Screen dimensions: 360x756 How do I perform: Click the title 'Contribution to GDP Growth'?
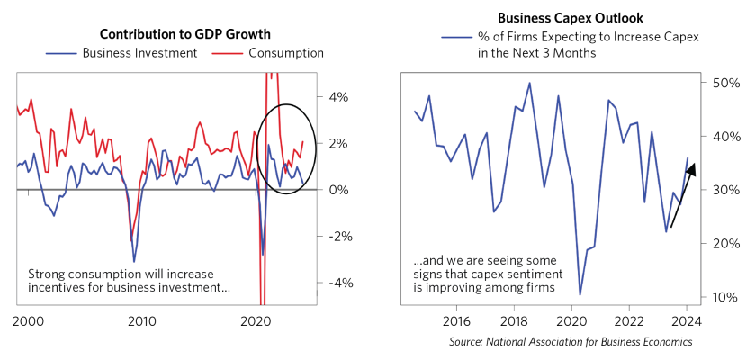pos(184,34)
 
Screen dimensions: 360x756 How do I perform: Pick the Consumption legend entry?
pos(279,53)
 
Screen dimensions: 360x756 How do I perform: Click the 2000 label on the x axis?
pos(31,320)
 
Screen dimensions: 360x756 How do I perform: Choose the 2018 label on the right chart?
pos(514,320)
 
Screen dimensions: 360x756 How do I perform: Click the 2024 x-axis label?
pos(687,320)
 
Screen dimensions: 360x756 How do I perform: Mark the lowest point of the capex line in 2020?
pos(580,294)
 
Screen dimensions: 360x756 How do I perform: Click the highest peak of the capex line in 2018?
pos(529,83)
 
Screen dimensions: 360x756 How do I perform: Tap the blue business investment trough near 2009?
pos(134,262)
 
